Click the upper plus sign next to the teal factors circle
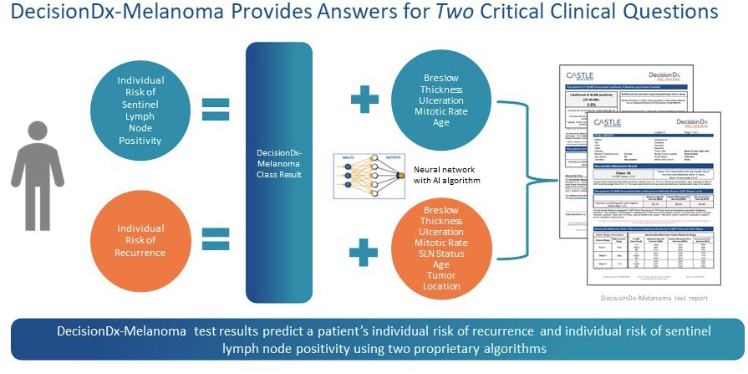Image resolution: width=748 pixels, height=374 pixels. tap(364, 100)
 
